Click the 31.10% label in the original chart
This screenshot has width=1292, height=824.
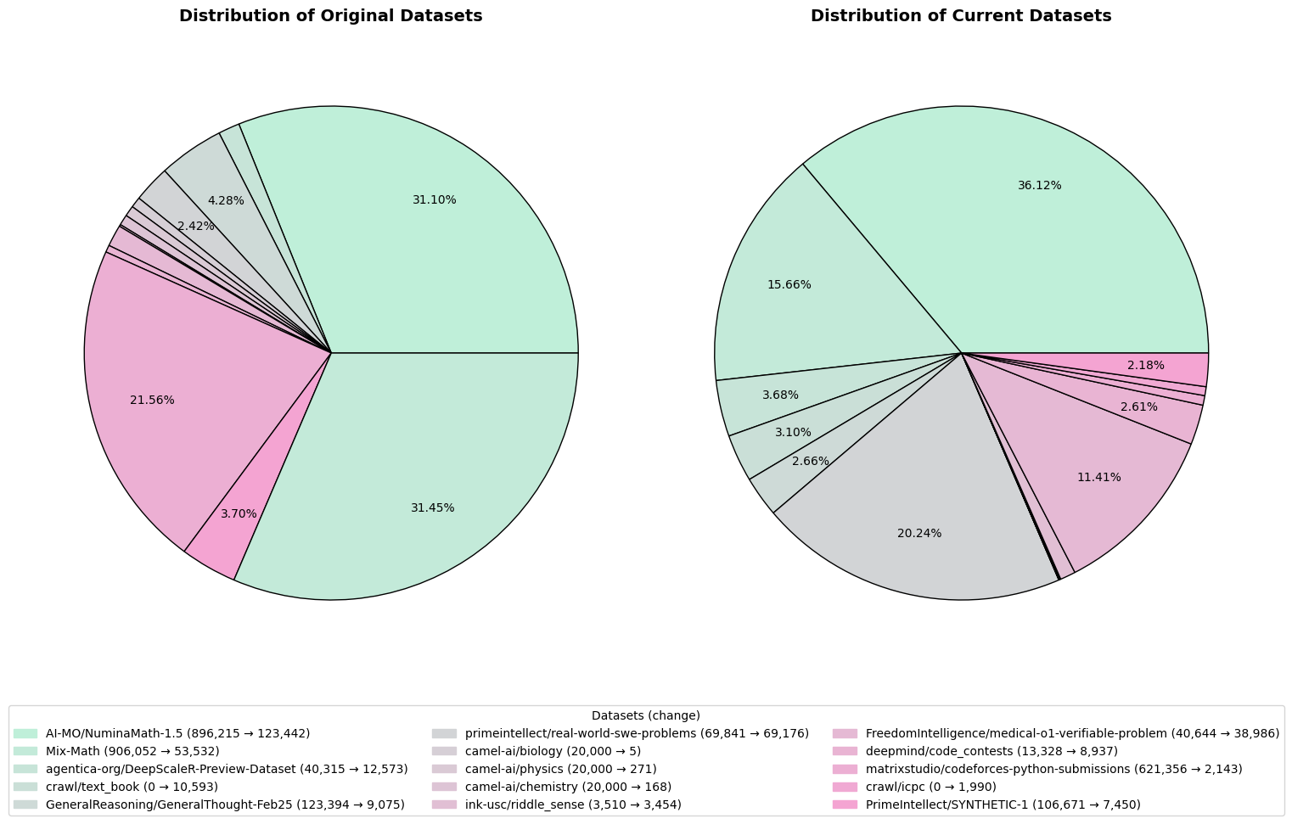[x=434, y=200]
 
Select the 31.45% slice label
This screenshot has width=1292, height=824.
[x=432, y=508]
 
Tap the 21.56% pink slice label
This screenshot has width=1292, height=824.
[x=152, y=401]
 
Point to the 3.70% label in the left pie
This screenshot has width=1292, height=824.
[x=239, y=514]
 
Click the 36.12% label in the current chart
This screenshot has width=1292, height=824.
[x=1039, y=186]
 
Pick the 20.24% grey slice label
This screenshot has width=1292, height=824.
[x=918, y=534]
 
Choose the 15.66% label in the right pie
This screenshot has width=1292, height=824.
[x=789, y=285]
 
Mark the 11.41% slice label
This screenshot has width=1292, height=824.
[x=1098, y=478]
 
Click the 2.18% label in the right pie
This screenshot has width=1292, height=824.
[x=1145, y=366]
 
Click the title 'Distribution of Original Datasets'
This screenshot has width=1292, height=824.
[x=330, y=16]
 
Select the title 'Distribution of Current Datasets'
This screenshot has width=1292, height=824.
[x=960, y=16]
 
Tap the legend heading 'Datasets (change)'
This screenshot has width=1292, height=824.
[x=645, y=716]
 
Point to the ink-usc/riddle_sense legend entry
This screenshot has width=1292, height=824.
[x=573, y=804]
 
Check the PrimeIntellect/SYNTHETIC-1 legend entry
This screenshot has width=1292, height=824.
[x=1003, y=804]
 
